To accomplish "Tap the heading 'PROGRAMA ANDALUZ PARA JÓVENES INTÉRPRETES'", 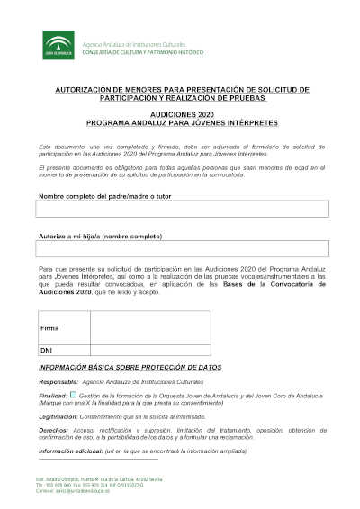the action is coord(183,123).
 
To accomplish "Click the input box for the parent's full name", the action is coord(183,209).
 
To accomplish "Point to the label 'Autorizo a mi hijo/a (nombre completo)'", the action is coord(88,237).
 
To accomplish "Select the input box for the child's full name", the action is coord(183,251).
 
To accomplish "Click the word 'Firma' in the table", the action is coord(49,328).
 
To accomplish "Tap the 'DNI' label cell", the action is coord(47,349).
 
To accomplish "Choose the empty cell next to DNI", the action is coord(148,349).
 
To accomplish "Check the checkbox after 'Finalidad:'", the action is coord(73,394).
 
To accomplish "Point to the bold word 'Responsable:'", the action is coord(58,382).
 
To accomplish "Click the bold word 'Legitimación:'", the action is coord(59,415).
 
